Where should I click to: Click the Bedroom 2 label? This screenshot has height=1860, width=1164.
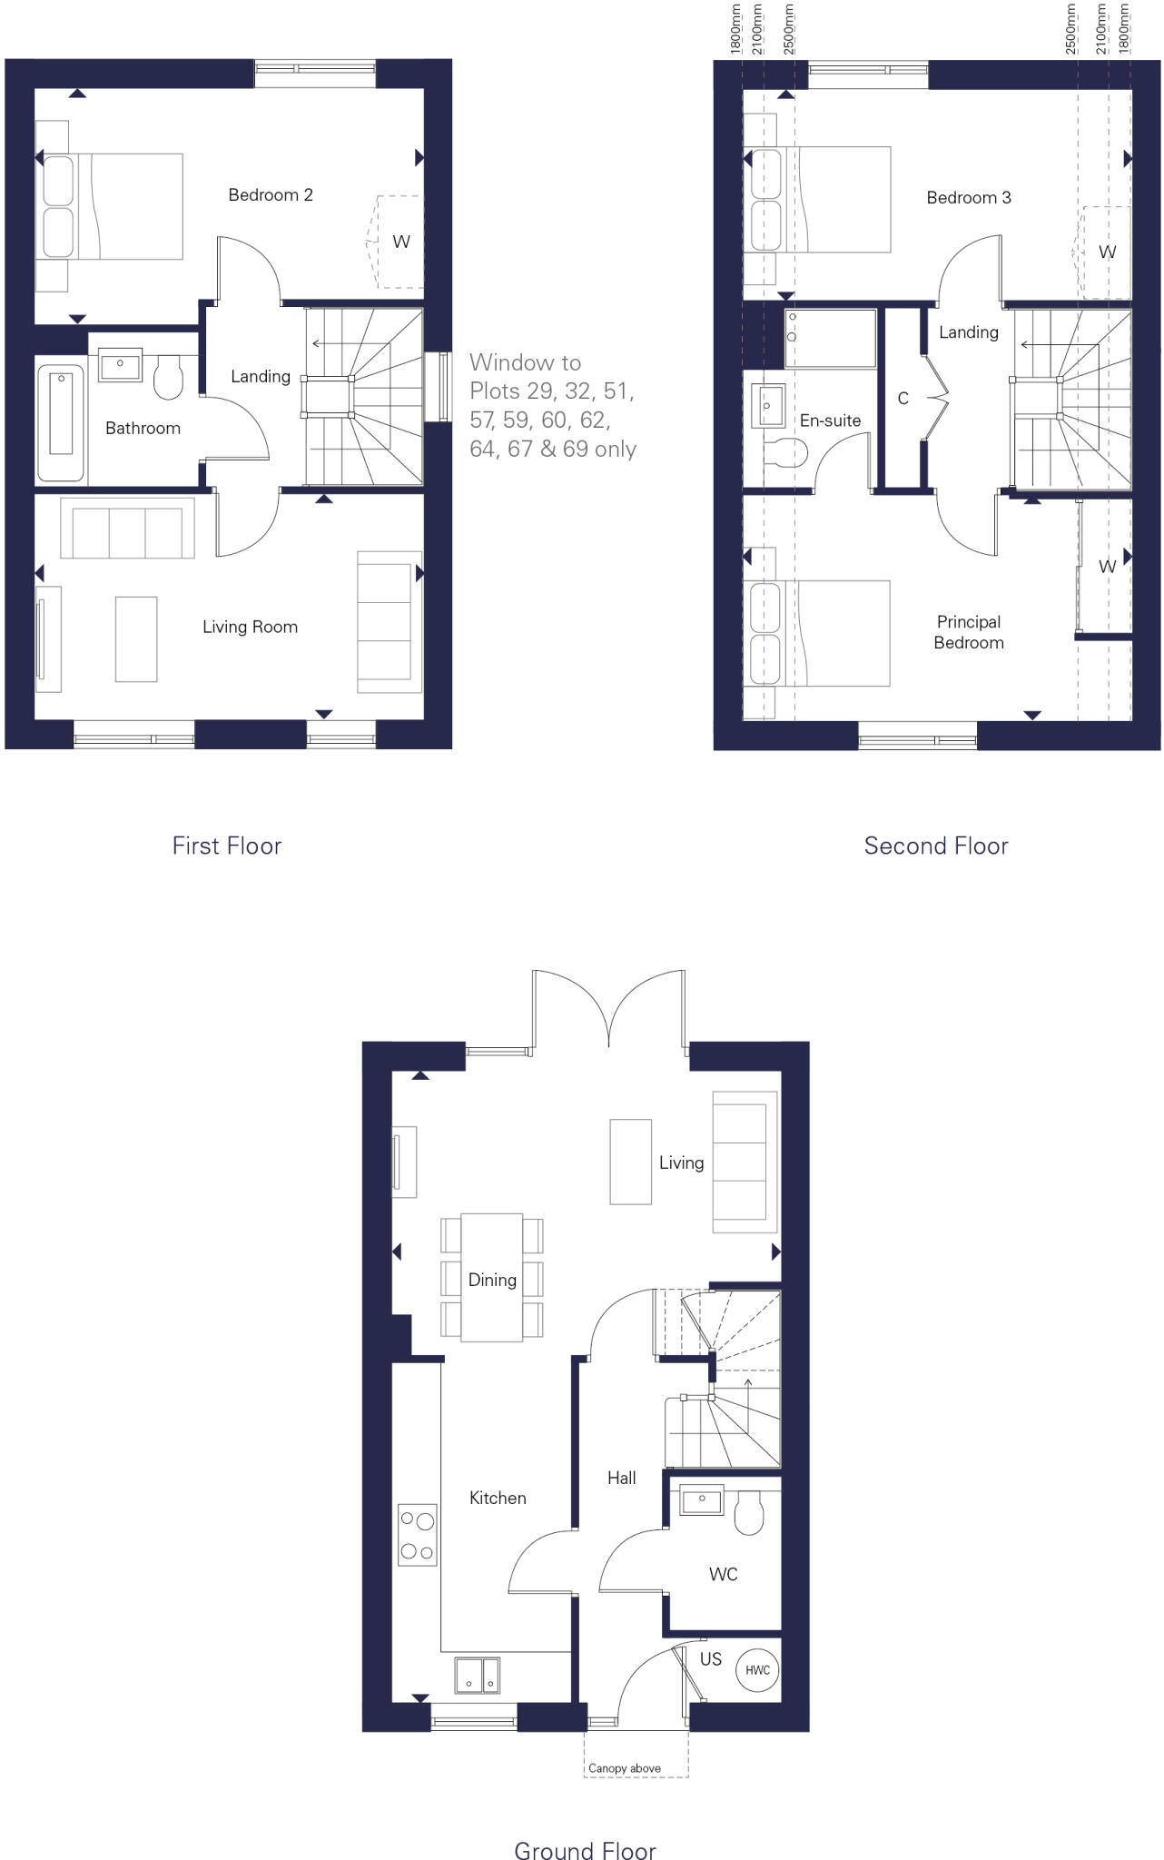point(271,194)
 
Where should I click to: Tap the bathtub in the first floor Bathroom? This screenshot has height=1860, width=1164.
point(61,422)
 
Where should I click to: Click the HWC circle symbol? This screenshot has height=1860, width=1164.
point(757,1669)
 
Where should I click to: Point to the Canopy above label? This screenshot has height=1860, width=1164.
point(625,1767)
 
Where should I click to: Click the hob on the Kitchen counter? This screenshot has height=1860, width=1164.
point(417,1535)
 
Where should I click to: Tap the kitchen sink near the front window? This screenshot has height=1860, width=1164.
point(477,1676)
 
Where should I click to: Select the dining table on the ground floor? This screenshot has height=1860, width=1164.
point(492,1277)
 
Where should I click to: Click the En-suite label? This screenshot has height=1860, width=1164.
point(830,420)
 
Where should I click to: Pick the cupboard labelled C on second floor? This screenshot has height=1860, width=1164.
point(903,399)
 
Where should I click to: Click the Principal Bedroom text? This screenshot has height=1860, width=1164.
point(969,632)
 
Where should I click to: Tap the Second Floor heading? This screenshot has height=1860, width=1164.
point(936,846)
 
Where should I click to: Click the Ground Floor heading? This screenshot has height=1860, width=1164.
point(585,1849)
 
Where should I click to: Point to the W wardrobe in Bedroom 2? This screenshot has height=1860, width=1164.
point(400,242)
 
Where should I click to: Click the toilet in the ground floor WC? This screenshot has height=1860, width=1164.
point(749,1514)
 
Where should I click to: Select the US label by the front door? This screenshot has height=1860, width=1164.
point(711,1658)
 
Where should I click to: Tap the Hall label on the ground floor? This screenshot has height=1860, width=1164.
point(622,1478)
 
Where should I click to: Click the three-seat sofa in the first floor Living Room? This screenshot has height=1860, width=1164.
point(127,527)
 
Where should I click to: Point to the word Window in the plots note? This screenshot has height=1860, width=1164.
point(525,362)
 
